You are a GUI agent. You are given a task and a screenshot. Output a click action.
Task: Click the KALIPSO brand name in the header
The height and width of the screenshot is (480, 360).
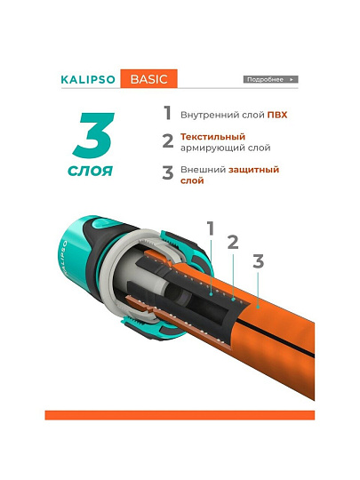[88, 80]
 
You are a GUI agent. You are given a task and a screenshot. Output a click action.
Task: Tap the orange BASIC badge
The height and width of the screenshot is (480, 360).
[148, 79]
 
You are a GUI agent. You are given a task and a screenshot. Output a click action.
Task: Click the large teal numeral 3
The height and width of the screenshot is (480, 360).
[93, 135]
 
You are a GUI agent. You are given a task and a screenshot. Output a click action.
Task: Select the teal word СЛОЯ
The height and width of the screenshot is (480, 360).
[90, 172]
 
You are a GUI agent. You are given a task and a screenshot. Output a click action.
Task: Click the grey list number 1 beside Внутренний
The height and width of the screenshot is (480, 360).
[167, 113]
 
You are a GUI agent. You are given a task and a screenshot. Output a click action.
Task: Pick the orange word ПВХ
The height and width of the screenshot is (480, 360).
[277, 115]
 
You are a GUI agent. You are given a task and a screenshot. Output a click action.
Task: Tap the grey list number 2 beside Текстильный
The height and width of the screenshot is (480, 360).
[168, 141]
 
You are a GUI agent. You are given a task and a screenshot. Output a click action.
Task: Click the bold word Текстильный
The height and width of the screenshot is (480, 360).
[212, 137]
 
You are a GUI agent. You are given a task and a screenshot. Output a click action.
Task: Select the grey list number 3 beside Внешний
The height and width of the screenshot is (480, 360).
[168, 172]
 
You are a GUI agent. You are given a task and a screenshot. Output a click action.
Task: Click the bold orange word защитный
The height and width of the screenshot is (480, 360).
[253, 170]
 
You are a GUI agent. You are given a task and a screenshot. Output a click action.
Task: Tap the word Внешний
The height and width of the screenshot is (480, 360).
[203, 170]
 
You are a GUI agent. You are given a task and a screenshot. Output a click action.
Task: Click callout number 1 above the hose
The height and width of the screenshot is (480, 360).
[211, 228]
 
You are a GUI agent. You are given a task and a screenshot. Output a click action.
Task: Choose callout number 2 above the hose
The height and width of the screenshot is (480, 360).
[233, 242]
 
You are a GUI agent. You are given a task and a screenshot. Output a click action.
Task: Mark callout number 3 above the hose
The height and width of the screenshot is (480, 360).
[258, 261]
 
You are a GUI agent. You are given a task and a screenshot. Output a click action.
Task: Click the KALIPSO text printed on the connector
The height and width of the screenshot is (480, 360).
[64, 257]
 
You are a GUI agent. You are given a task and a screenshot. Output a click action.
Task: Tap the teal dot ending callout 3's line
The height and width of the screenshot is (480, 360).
[258, 307]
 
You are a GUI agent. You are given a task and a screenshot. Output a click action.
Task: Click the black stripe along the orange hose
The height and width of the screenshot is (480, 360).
[275, 337]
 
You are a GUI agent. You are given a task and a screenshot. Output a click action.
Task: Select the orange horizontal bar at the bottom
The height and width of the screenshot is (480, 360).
[180, 415]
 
